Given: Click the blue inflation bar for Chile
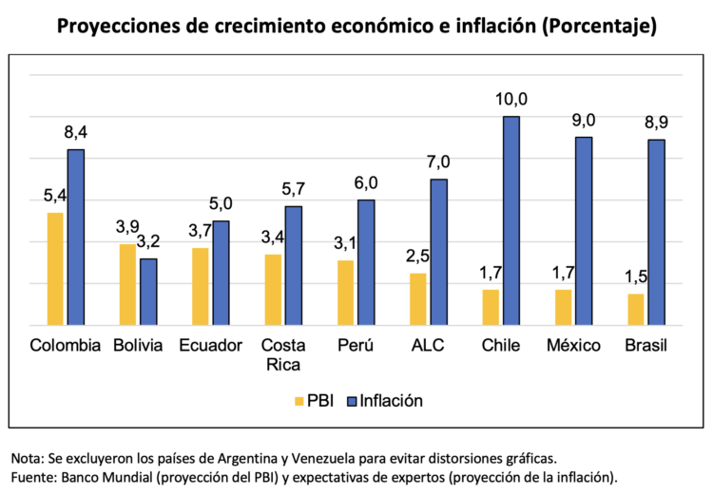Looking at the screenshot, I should point(511,220).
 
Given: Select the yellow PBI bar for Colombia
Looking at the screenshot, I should point(55,269).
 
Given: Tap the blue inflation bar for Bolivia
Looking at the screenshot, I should point(148,292).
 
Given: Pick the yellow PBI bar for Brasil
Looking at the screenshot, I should point(635,310).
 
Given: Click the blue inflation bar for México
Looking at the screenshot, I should point(584,231).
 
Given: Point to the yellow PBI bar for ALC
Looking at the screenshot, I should point(417,299).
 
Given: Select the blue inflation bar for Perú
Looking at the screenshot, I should point(366,262).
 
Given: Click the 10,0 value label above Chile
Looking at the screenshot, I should point(511,99).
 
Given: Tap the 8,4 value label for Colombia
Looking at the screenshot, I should point(75,132).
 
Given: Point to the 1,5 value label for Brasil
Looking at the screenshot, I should point(635,276).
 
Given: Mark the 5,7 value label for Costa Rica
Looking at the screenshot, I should point(294,189).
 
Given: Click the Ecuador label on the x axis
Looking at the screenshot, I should point(211,346).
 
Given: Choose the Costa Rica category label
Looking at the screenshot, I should point(283,354).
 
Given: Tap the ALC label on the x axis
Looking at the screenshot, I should point(428,346).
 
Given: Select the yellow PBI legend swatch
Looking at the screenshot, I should point(299,401).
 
